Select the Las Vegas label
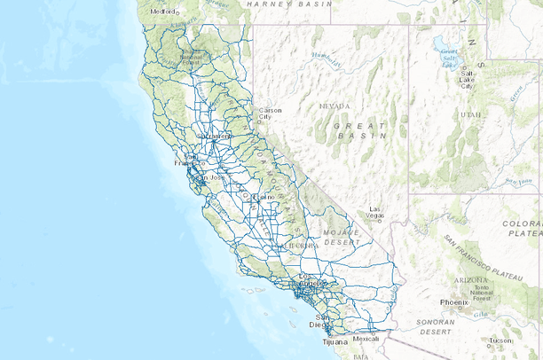376,213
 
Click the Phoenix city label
453,302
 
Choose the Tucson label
501,340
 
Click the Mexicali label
366,338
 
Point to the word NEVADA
335,105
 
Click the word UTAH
470,114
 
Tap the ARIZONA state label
469,278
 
